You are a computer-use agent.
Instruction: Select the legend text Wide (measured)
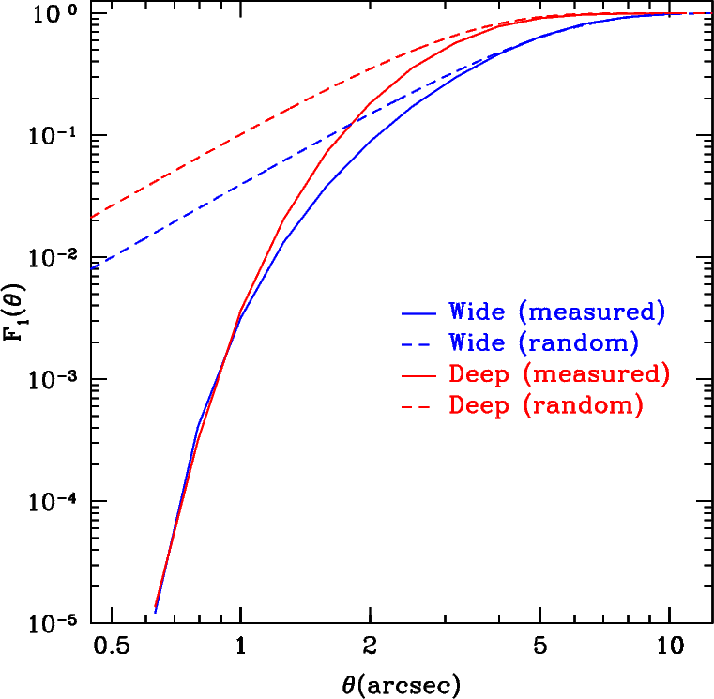(x=557, y=311)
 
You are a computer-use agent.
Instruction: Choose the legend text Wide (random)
(x=544, y=342)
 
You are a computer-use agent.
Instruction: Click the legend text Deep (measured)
(x=559, y=374)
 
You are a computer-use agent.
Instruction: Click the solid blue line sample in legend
(x=418, y=311)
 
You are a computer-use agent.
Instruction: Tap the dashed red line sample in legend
(x=418, y=406)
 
